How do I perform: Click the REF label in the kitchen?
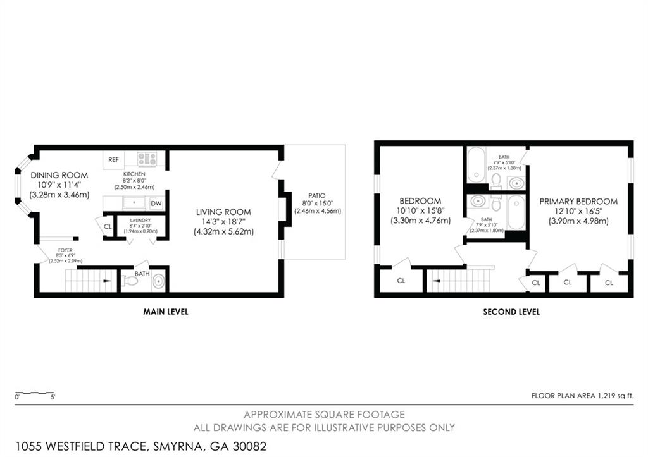tap(113, 160)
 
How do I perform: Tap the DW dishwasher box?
tap(156, 204)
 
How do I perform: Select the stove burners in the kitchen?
tap(147, 159)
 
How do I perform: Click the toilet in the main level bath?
tap(130, 281)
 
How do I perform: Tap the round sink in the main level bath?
tap(159, 281)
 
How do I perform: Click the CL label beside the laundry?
tap(108, 227)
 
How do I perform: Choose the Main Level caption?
tap(166, 312)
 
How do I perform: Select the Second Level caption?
tap(511, 312)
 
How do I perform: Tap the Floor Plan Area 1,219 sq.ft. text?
tap(582, 396)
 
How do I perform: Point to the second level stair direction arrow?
tap(436, 281)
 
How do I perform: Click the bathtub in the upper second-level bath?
tap(476, 164)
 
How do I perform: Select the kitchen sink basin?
tap(134, 203)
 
